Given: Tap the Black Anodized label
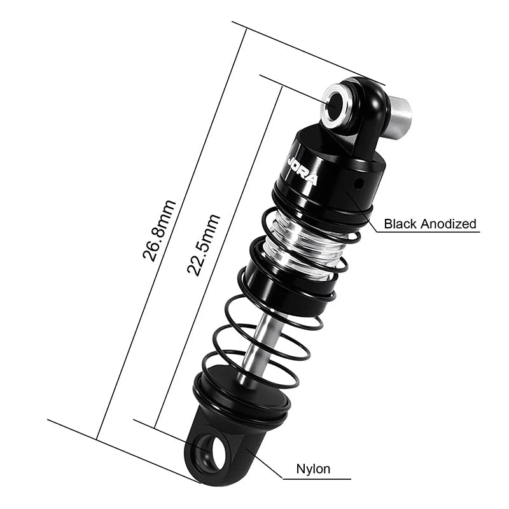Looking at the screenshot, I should point(429,223).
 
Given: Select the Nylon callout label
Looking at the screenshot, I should point(313,469).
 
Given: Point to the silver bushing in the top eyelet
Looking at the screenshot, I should point(333,104).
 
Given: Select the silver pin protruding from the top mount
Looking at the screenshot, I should point(400,115).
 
